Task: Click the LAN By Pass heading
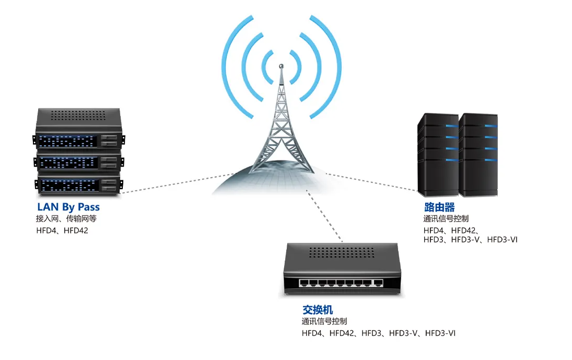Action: tap(68, 207)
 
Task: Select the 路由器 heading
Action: tap(439, 207)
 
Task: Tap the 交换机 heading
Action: tap(318, 310)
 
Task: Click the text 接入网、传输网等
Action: tap(66, 219)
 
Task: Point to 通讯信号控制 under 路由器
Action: tap(446, 219)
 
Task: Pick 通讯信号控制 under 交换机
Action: tap(324, 321)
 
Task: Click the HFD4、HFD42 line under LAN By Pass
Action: tap(62, 230)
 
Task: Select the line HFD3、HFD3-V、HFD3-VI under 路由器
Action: tap(470, 240)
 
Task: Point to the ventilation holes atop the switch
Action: tap(342, 252)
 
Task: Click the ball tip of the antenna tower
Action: tap(281, 66)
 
